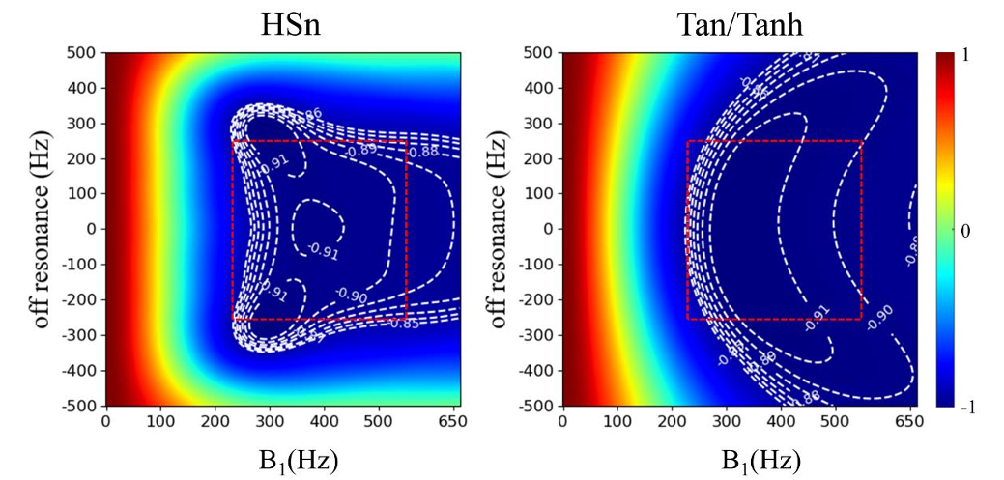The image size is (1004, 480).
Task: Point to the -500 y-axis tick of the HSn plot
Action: click(x=80, y=406)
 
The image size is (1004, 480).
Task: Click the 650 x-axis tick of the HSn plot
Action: click(x=446, y=422)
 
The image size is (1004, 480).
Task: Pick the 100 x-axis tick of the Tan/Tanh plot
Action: click(x=616, y=422)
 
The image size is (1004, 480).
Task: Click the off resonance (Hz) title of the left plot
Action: click(x=42, y=230)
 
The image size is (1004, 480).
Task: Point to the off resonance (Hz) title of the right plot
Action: click(x=499, y=230)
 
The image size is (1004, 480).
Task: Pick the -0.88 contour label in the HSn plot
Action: click(x=421, y=152)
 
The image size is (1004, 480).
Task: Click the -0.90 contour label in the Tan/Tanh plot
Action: click(x=880, y=318)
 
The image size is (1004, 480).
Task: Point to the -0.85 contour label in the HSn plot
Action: click(x=406, y=323)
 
